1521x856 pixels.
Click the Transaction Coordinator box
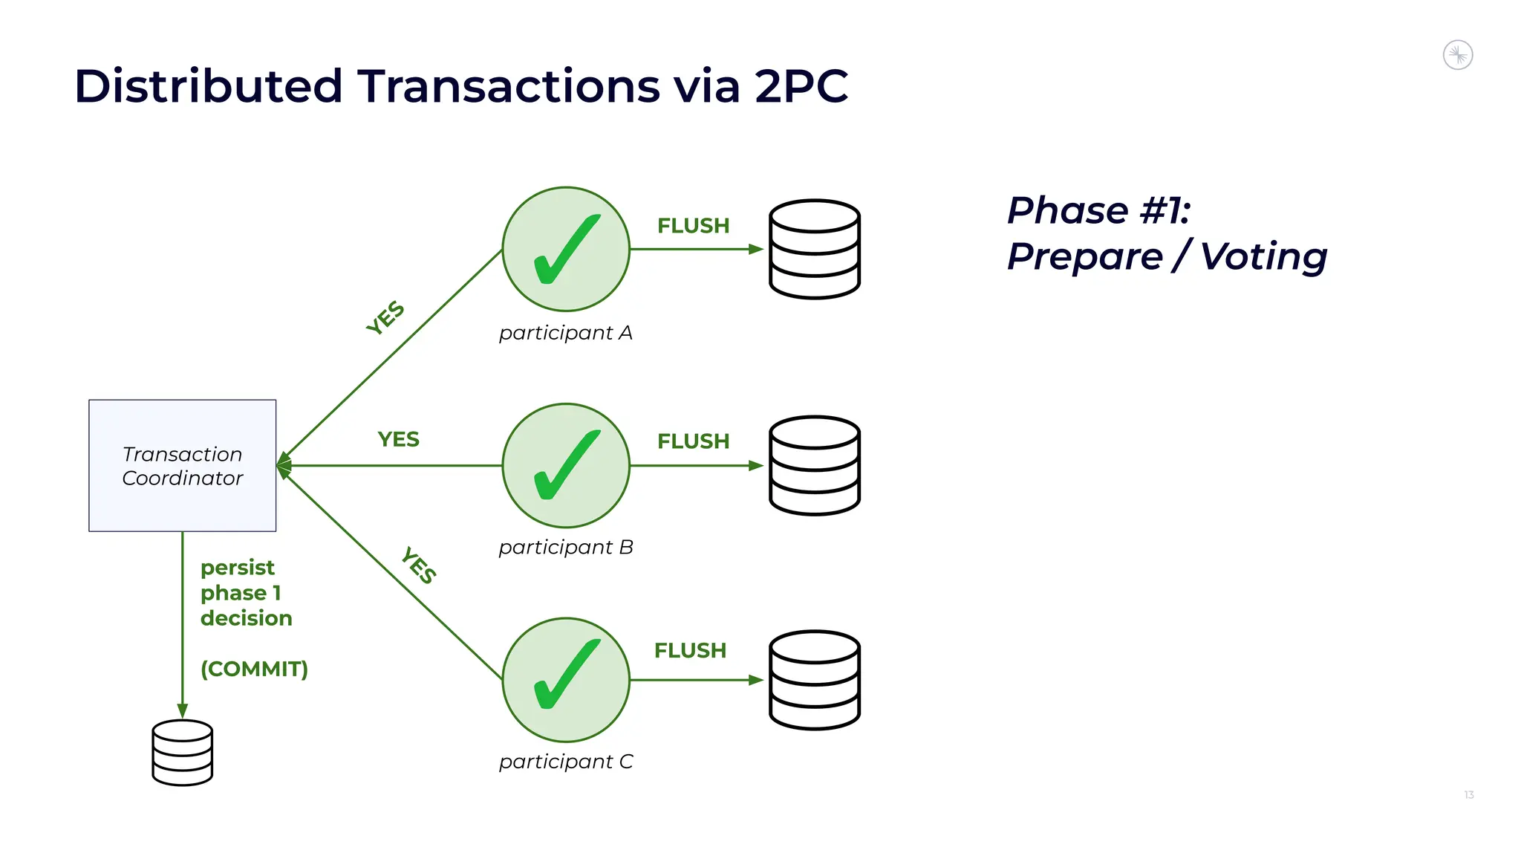pos(182,465)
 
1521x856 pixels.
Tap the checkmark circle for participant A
pos(566,249)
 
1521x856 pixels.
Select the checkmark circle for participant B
pos(566,465)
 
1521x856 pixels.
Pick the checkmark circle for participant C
pos(566,679)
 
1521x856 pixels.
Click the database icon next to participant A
pos(815,249)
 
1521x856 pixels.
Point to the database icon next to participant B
pos(815,465)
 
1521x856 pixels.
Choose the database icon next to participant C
pos(815,679)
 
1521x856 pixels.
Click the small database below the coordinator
pos(182,752)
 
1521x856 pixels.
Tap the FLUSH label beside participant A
pos(693,226)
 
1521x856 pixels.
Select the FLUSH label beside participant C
pos(690,651)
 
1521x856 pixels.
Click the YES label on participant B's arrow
pos(398,440)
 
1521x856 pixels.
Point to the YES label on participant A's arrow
pos(385,318)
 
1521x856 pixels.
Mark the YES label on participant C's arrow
pos(419,565)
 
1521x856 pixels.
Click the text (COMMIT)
pos(254,669)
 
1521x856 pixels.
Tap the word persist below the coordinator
pos(237,568)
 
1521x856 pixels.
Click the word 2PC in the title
pos(801,86)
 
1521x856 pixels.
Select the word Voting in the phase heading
pos(1263,257)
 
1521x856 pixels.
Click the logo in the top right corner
pos(1457,55)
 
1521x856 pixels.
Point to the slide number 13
pos(1468,795)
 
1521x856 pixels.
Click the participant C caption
pos(566,762)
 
